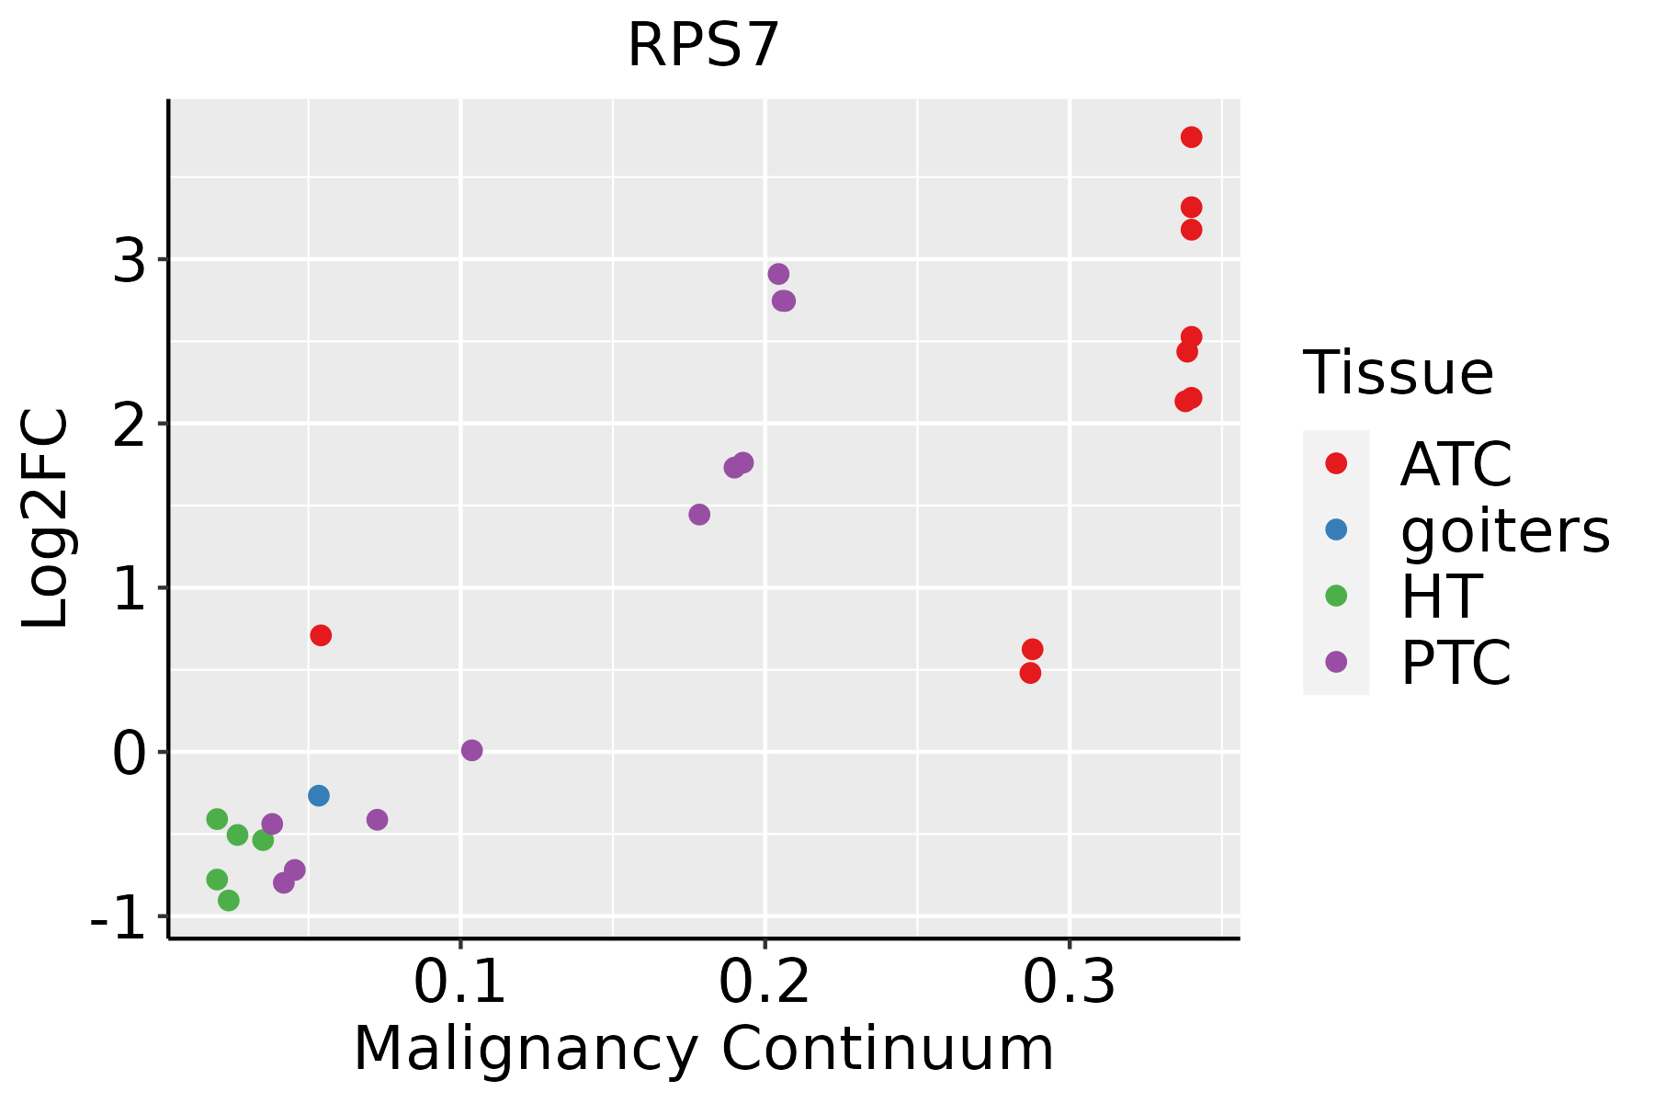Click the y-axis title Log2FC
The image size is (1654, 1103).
(46, 518)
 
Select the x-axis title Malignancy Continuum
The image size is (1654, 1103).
(703, 1049)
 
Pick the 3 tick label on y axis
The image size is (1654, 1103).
(130, 261)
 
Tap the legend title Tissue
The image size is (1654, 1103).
(1398, 373)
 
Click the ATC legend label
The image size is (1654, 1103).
(1456, 464)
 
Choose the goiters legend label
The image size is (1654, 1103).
(1505, 530)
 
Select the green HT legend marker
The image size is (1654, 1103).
(1336, 596)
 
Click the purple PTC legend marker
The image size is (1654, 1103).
(1336, 662)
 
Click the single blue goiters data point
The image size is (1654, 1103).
(319, 795)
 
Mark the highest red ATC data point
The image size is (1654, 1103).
(1191, 137)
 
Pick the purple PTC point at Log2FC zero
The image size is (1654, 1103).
(471, 750)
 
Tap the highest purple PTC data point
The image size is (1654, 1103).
(778, 274)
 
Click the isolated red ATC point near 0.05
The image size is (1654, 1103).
(321, 635)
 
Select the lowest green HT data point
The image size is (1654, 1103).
(229, 900)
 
